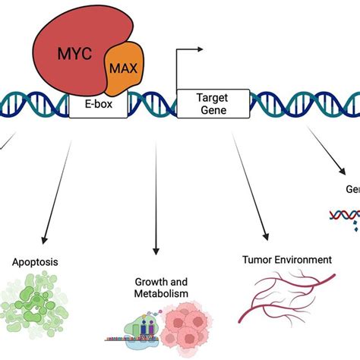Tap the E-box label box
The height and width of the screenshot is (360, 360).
(x=98, y=106)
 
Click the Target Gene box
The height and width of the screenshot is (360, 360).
(x=213, y=103)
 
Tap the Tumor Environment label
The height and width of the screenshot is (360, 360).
(x=287, y=261)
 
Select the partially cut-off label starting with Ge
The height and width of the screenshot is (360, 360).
(x=352, y=189)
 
